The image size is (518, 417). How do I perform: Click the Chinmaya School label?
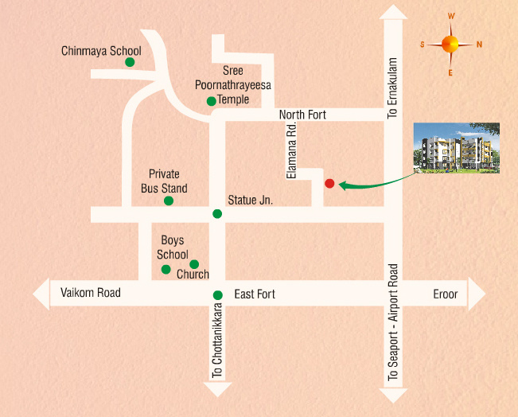pos(101,51)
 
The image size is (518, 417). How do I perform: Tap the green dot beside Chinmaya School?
pos(129,61)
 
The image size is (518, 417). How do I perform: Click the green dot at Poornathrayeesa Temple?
pos(211,101)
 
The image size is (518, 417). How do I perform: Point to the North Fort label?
pos(302,115)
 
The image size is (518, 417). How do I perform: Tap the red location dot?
pos(329,184)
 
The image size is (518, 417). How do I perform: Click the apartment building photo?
pos(457,147)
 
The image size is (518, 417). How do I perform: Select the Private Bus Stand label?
pos(164,181)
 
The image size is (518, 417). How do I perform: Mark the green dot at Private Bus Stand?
pos(169,201)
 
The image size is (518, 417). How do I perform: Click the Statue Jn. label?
pos(250,201)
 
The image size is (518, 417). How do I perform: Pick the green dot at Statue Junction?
pos(216,213)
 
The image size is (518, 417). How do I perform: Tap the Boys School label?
pos(173,247)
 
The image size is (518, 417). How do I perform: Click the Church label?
pos(193,275)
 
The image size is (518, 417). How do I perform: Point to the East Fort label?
pos(255,294)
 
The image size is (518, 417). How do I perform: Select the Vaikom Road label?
pos(91,293)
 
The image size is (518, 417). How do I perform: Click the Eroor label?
pos(446,294)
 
